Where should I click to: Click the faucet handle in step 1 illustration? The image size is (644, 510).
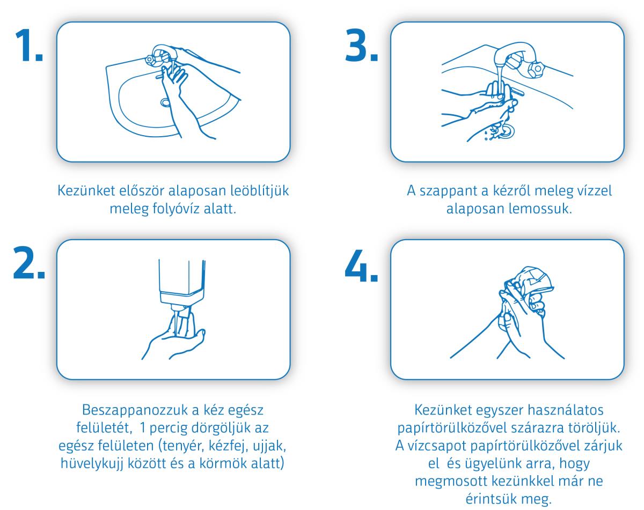click(149, 60)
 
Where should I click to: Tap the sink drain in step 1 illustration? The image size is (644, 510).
click(165, 102)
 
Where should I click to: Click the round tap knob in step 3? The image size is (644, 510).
click(537, 69)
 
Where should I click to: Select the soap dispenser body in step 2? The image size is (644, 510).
click(182, 282)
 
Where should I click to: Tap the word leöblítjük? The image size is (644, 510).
click(259, 191)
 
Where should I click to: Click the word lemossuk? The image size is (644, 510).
click(540, 209)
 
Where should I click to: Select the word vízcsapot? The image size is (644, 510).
click(437, 446)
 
